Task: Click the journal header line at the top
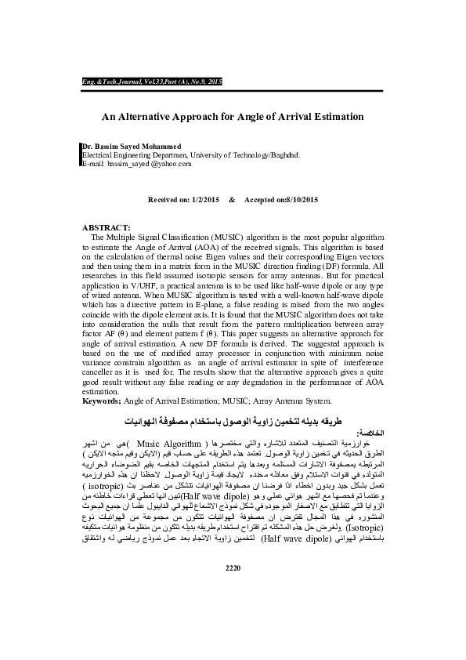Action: click(152, 82)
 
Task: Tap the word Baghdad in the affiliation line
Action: click(284, 154)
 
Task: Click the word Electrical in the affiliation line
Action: click(100, 154)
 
